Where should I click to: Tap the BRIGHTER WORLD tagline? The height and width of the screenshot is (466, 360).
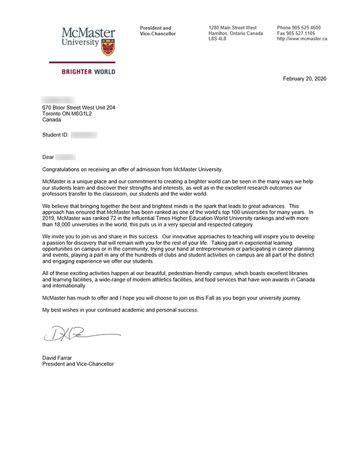point(88,72)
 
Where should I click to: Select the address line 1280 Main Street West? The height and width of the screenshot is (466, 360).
point(232,28)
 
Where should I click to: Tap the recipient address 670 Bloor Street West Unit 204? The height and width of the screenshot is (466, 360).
point(79,107)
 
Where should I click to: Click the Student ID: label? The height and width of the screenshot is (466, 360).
point(55,136)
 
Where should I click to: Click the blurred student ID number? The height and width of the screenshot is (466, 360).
point(83,136)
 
